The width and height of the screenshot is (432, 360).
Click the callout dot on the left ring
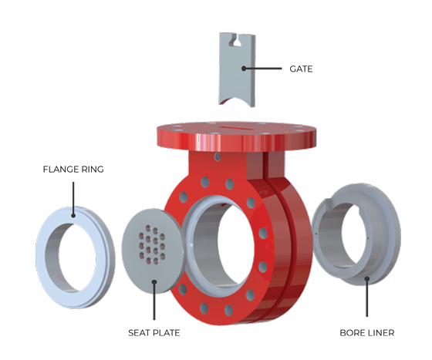click(x=73, y=215)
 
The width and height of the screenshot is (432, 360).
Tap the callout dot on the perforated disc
click(x=154, y=283)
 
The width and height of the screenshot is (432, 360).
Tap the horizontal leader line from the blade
click(x=266, y=69)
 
